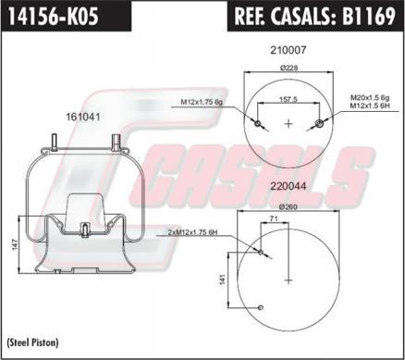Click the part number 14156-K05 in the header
click(54, 16)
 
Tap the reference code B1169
click(368, 16)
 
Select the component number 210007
click(288, 50)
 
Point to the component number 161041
click(83, 118)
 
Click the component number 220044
click(288, 186)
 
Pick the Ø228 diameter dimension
click(288, 68)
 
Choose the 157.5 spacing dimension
click(288, 99)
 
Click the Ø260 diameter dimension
click(288, 207)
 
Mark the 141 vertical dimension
click(223, 279)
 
